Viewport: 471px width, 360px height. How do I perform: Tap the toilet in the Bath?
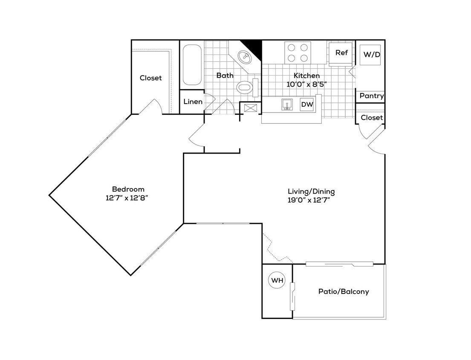(245, 88)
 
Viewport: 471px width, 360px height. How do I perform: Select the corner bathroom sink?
(244, 56)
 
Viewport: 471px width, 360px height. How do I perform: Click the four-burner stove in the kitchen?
(297, 52)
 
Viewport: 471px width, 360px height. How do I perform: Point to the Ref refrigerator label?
(341, 53)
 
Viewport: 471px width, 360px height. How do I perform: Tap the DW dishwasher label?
(306, 104)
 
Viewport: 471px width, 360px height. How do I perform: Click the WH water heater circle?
(277, 281)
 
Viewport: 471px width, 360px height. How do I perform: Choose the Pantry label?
(371, 96)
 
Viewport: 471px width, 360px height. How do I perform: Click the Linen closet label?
(193, 102)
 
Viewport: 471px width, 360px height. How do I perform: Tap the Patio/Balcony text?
(344, 292)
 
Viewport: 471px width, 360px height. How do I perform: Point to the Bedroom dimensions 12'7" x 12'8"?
(128, 197)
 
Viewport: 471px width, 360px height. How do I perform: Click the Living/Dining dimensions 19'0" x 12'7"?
(309, 200)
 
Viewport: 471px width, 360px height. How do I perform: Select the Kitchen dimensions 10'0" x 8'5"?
(306, 84)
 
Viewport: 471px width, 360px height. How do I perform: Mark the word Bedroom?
(128, 189)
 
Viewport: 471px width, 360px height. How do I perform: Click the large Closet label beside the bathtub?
(151, 78)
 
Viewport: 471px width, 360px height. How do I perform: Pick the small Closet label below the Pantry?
(372, 118)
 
